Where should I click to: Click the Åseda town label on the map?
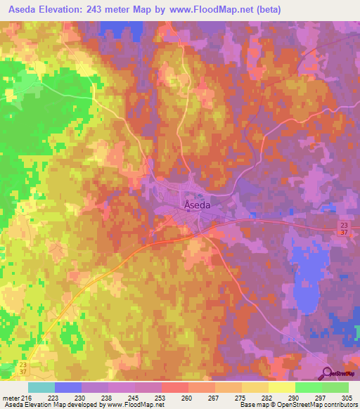(197, 204)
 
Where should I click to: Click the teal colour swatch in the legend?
(41, 387)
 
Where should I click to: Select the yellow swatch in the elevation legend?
(281, 387)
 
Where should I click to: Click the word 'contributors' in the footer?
(335, 405)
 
